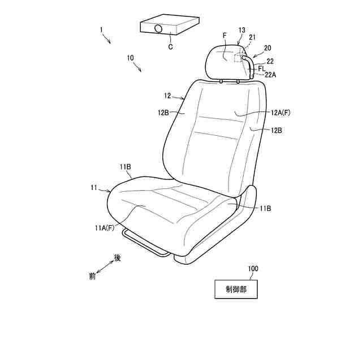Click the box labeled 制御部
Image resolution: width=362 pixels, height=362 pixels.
pyautogui.click(x=236, y=289)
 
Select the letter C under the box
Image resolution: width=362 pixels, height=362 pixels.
pyautogui.click(x=170, y=47)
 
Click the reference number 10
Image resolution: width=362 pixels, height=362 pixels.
pyautogui.click(x=131, y=58)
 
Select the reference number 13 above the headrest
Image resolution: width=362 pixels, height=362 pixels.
pyautogui.click(x=242, y=29)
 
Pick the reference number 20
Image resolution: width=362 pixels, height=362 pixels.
pyautogui.click(x=268, y=49)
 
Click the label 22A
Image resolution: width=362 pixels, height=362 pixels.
pyautogui.click(x=269, y=74)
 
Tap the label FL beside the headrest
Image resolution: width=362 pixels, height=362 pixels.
pyautogui.click(x=262, y=68)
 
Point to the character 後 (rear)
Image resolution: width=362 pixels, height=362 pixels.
pyautogui.click(x=118, y=257)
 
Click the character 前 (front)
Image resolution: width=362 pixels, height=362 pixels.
pyautogui.click(x=92, y=277)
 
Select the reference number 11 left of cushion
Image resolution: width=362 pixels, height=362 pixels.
pyautogui.click(x=94, y=187)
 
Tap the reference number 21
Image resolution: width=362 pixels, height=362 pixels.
pyautogui.click(x=252, y=37)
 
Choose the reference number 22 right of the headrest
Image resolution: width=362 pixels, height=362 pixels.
pyautogui.click(x=270, y=61)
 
